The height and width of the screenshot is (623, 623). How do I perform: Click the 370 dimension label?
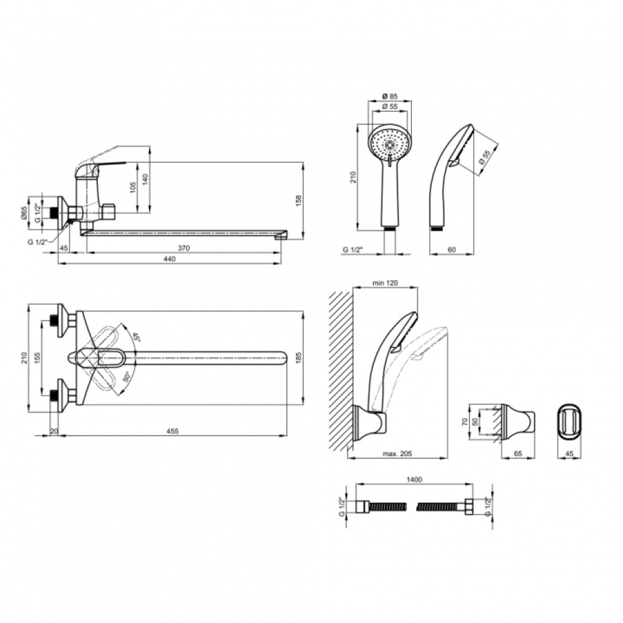click(184, 249)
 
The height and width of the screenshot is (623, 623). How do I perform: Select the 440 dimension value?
click(169, 259)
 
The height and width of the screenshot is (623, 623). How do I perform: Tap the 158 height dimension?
click(299, 200)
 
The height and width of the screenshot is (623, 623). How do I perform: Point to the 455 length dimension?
click(173, 431)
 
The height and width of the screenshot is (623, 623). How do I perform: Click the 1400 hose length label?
click(414, 480)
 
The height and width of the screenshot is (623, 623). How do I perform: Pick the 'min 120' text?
click(384, 283)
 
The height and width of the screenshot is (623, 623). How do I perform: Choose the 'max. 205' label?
click(397, 454)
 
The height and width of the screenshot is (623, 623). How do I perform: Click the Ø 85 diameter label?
click(390, 97)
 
